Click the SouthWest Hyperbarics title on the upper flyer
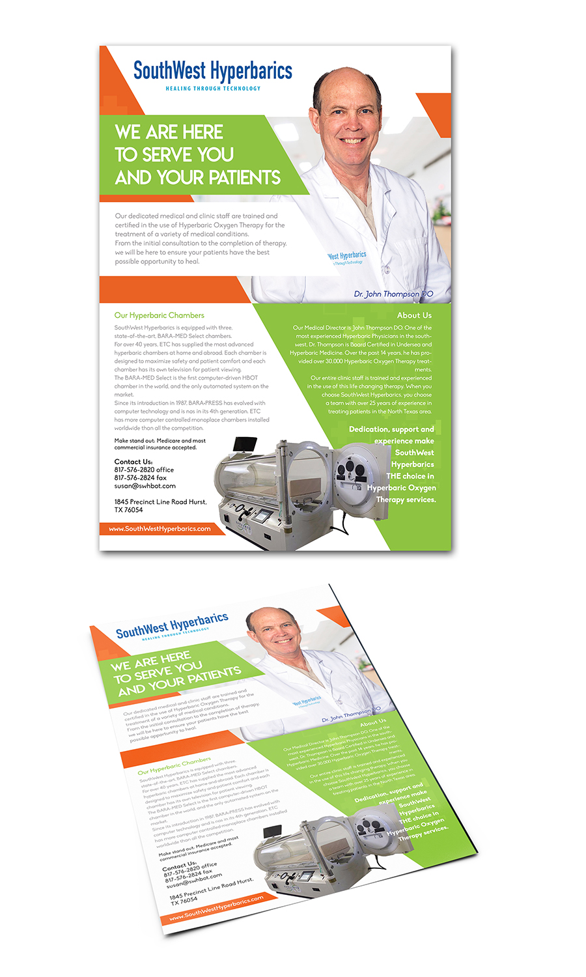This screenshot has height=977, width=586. pos(212,70)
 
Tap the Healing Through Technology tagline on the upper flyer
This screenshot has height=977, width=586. pos(213,89)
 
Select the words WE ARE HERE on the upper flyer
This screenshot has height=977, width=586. pos(169,132)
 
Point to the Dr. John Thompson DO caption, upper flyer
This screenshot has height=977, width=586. pos(393,294)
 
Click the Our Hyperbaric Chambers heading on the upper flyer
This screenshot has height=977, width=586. pos(159,315)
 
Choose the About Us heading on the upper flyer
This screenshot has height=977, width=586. pos(414,315)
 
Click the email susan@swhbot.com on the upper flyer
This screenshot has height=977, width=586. pos(145,486)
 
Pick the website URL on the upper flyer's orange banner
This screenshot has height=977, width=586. pos(160,529)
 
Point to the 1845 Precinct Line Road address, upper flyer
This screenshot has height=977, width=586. pos(160,502)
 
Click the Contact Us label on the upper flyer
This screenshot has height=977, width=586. pos(133,461)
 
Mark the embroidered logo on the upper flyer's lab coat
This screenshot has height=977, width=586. pos(346,257)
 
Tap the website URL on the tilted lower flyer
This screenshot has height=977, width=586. pos(216,908)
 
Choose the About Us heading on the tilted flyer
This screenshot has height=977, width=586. pos(373,722)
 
